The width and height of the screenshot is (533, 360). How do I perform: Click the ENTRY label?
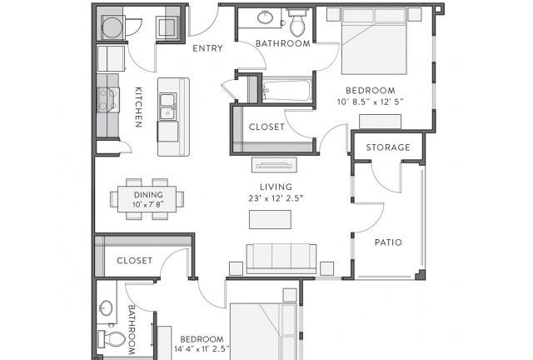click(207, 48)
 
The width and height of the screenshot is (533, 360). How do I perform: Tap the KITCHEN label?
click(138, 107)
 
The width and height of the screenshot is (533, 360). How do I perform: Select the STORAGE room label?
click(388, 147)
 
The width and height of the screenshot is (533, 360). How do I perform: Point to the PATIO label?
click(388, 242)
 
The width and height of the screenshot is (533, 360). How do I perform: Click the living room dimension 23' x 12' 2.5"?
click(276, 198)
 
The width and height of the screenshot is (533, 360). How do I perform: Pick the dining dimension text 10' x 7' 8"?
click(148, 204)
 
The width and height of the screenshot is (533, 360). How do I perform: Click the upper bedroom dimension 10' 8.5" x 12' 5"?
click(370, 102)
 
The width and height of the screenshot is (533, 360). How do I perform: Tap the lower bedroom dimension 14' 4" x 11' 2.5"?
click(202, 349)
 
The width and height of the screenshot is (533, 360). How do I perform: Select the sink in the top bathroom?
click(265, 17)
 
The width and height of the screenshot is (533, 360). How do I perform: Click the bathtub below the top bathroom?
click(287, 90)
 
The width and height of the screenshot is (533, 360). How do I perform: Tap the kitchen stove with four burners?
click(108, 100)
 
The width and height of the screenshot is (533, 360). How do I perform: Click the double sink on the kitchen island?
click(168, 107)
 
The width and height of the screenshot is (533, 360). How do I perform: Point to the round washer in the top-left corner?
click(112, 27)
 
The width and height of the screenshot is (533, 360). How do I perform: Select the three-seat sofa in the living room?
click(281, 259)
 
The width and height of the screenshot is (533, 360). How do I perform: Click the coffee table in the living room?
click(270, 219)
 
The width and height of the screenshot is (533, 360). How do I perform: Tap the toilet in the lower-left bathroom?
click(112, 339)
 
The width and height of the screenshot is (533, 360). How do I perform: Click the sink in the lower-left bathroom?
click(107, 308)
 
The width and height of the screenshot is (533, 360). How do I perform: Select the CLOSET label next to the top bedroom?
click(266, 127)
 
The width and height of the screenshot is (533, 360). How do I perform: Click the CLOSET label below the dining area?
click(135, 261)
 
